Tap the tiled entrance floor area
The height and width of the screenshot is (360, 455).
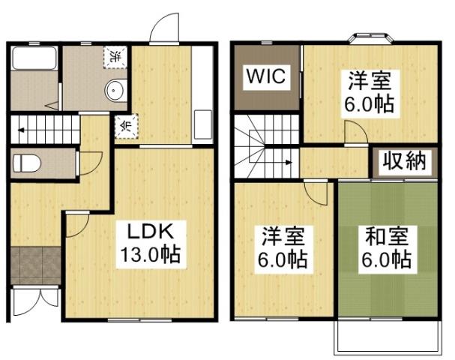pyautogui.click(x=35, y=263)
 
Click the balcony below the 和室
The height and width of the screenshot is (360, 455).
pyautogui.click(x=386, y=339)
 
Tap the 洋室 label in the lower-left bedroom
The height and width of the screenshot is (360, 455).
pyautogui.click(x=283, y=239)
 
